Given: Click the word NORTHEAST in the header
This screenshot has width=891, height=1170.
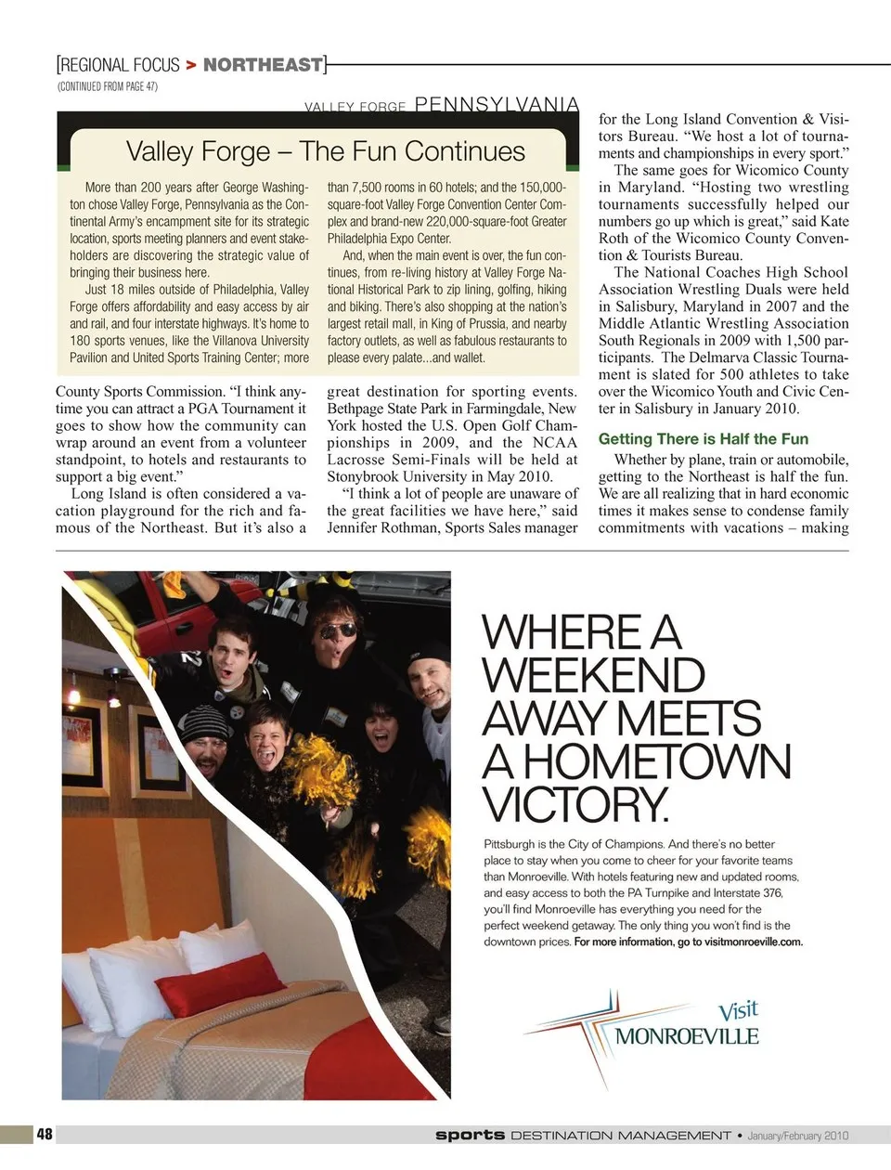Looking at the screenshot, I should coord(263,64).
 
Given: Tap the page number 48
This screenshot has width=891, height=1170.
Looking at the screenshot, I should coord(45,1134).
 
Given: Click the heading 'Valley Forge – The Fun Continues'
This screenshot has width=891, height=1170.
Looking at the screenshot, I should coord(325,151).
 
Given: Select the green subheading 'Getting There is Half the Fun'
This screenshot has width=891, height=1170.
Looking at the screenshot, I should coord(703,439).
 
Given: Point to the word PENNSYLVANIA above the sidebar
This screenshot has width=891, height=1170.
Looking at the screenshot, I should coord(497,105).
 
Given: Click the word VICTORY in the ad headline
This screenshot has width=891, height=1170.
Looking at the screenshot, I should coord(575,804).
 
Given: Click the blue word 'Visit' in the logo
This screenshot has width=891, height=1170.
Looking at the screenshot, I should coord(738,1010).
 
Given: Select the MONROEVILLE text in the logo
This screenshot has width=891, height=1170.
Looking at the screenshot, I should coord(687,1036).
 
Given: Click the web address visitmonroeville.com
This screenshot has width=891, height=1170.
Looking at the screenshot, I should coord(753,942).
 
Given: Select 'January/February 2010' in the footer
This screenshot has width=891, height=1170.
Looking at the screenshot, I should coord(798,1135).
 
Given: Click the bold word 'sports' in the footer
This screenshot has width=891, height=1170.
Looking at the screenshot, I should coord(470,1135).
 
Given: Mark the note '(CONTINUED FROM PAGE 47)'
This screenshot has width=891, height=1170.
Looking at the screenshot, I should coord(107,86).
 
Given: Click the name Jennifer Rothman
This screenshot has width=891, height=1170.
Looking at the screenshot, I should coord(390,527).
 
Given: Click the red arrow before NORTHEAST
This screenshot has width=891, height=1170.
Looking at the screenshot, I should coord(190,64).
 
